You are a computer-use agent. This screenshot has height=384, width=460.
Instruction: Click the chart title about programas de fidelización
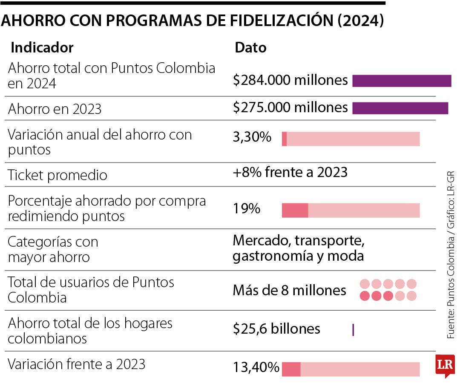pos(193,21)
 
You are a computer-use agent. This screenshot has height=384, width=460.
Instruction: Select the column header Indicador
pos(42,47)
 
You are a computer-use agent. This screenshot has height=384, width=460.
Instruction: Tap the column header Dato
pos(250,47)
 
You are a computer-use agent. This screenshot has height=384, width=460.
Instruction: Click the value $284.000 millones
pos(290,80)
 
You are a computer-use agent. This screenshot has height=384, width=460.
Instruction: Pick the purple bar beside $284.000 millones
pos(401,81)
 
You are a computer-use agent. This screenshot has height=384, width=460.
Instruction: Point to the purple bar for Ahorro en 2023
pos(400,108)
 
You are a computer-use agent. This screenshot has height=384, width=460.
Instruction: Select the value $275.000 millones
pos(290,108)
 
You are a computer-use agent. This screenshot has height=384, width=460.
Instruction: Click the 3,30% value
pos(252,137)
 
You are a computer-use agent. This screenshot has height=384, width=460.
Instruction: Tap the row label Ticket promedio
pos(57,175)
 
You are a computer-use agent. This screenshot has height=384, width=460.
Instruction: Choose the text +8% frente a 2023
pos(290,172)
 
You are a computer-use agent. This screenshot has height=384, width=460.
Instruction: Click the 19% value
pos(246,209)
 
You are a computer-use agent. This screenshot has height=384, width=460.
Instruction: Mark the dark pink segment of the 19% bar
pos(295,210)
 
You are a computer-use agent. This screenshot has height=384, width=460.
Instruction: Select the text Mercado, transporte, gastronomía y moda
pos(298,248)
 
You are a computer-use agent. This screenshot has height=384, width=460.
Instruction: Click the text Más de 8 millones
pos(289,291)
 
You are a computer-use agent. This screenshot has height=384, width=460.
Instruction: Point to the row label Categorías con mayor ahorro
pos(53,250)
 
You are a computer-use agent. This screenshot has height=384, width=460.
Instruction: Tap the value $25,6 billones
pos(276,329)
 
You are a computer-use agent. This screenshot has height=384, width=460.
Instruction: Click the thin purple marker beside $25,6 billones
pos(353,330)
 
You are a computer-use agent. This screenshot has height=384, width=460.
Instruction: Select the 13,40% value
pos(256,367)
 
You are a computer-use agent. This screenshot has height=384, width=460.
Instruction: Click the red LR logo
pos(445,365)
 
